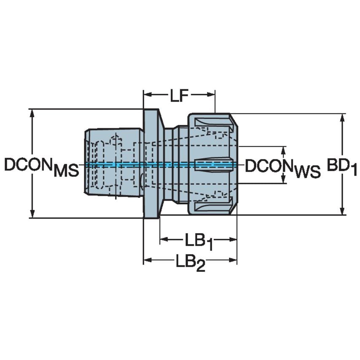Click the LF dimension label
coord(179,97)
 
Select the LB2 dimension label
coord(190,263)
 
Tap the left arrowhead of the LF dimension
coord(147,94)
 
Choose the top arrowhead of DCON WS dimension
coord(284,150)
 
